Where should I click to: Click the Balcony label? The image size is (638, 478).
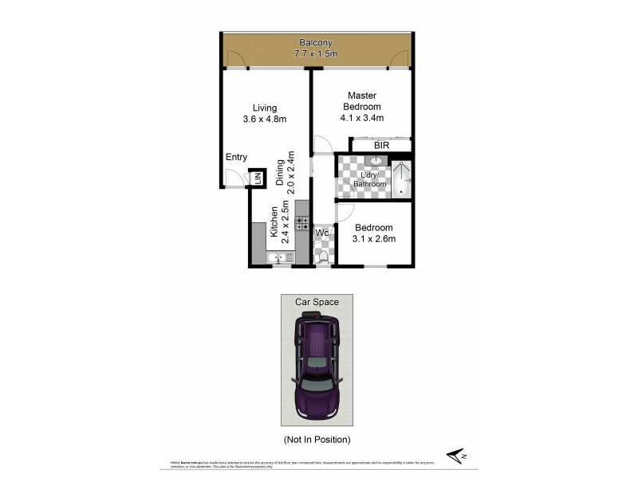pyautogui.click(x=316, y=43)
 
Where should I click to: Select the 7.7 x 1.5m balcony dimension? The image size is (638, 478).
pyautogui.click(x=316, y=55)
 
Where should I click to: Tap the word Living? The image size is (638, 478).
pyautogui.click(x=265, y=108)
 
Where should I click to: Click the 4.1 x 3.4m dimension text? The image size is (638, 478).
pyautogui.click(x=361, y=118)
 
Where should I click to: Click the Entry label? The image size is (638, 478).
pyautogui.click(x=236, y=157)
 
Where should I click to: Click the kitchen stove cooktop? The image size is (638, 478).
pyautogui.click(x=302, y=223)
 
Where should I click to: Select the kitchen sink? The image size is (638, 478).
pyautogui.click(x=280, y=257)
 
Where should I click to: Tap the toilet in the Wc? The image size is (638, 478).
pyautogui.click(x=323, y=256)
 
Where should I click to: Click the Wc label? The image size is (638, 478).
pyautogui.click(x=323, y=233)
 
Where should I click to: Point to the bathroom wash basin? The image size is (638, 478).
pyautogui.click(x=373, y=162)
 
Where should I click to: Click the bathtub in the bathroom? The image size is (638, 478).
pyautogui.click(x=401, y=179)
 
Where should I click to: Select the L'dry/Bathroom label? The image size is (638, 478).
pyautogui.click(x=370, y=179)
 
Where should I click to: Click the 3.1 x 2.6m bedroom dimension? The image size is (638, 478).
pyautogui.click(x=375, y=238)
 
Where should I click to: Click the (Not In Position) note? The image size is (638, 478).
pyautogui.click(x=317, y=439)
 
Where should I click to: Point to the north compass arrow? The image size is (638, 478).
pyautogui.click(x=456, y=455)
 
